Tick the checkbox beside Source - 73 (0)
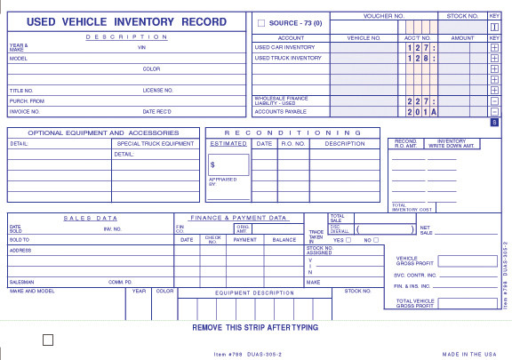click(261, 22)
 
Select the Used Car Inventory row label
click(284, 47)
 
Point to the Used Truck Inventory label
click(288, 58)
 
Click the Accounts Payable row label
click(280, 112)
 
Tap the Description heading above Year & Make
click(126, 36)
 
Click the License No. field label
click(157, 90)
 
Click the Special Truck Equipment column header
click(155, 143)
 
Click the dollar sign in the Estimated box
click(212, 164)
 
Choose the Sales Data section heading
click(90, 218)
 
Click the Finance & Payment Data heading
click(238, 218)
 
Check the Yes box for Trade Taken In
click(348, 240)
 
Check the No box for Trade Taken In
click(376, 240)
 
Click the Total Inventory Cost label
click(412, 207)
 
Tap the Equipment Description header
click(254, 292)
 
